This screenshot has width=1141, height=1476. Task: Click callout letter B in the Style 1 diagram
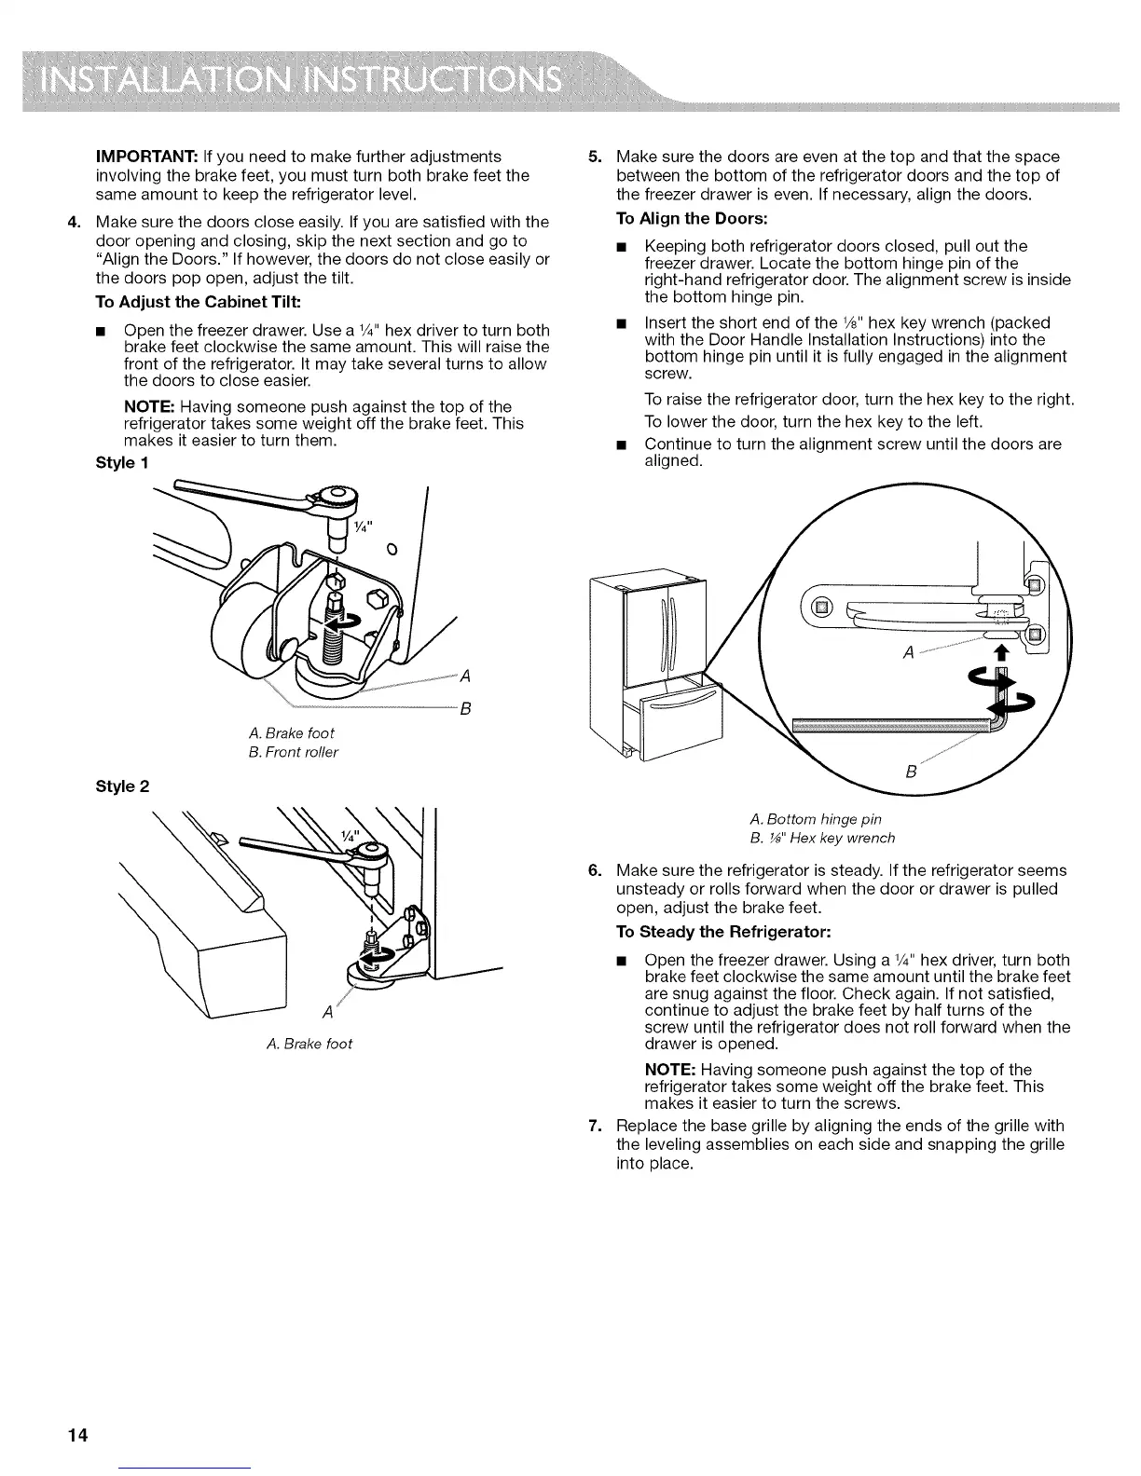point(466,709)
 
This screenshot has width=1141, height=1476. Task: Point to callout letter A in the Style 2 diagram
point(325,1013)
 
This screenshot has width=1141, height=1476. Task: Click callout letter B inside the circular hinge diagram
point(912,772)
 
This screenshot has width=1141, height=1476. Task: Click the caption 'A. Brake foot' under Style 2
point(309,1044)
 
